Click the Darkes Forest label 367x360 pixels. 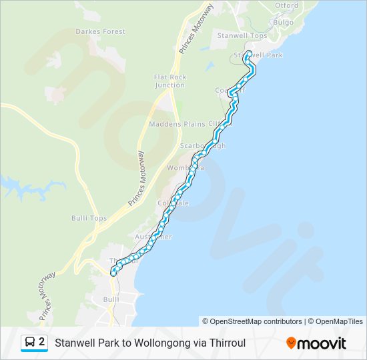click(100, 31)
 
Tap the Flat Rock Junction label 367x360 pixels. click(169, 81)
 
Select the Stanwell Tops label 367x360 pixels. click(242, 35)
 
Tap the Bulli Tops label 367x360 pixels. click(89, 218)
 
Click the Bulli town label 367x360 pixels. click(111, 299)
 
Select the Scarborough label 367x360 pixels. click(203, 145)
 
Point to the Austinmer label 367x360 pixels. click(154, 237)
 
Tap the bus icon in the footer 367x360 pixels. click(30, 343)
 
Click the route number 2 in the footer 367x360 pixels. click(42, 342)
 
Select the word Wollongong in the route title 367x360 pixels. click(167, 343)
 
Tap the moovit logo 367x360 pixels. click(316, 343)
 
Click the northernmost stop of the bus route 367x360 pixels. click(249, 53)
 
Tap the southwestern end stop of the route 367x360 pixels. click(112, 271)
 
